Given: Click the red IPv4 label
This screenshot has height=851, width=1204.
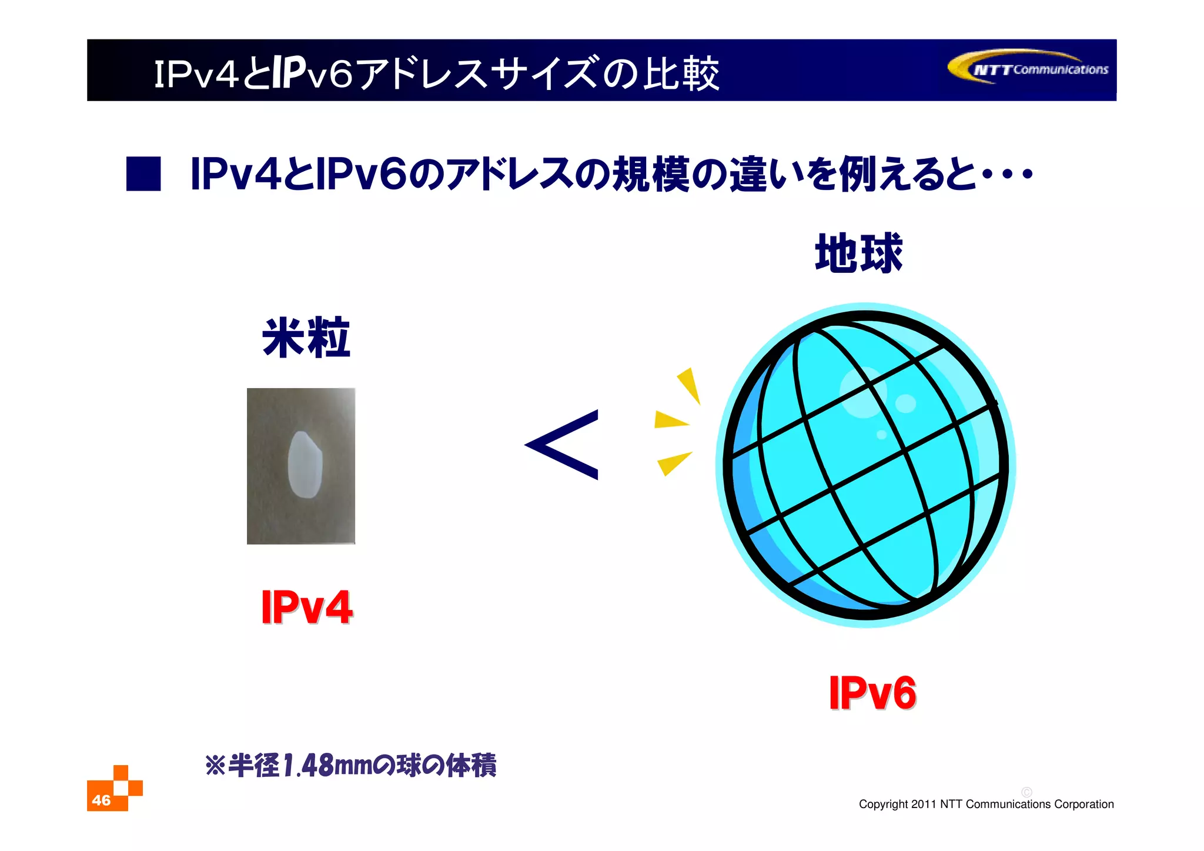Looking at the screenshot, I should [306, 608].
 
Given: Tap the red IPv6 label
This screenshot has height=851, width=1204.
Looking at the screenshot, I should [872, 693].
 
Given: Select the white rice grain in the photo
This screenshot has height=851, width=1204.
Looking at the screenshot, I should [305, 464].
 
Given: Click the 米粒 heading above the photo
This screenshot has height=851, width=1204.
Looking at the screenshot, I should [306, 338].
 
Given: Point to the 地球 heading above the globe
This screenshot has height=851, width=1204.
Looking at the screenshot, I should [858, 253].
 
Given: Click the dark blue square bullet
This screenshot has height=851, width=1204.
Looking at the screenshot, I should [143, 174].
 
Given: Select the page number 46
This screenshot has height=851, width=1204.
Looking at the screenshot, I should [101, 800].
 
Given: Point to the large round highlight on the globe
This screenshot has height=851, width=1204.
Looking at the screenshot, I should [862, 392].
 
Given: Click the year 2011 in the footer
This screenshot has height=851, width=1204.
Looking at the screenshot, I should [923, 805].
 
